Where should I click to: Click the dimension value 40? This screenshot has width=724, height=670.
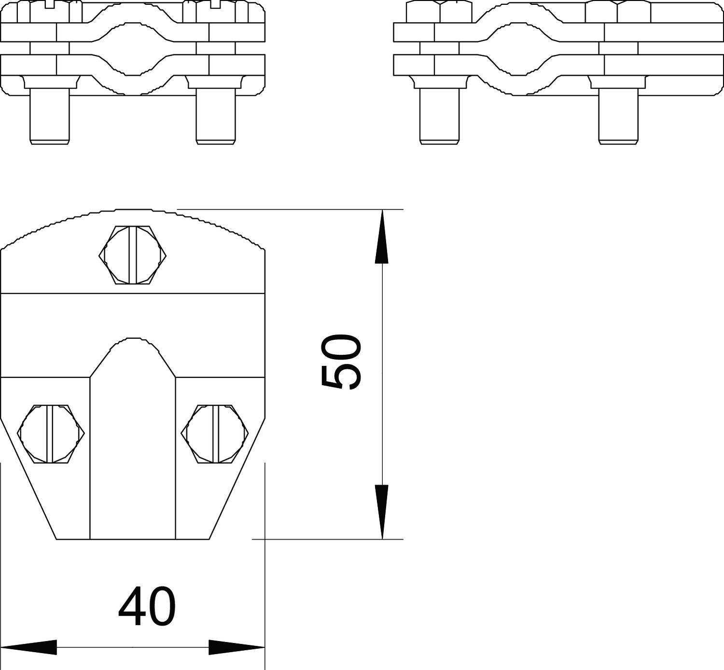pos(146,607)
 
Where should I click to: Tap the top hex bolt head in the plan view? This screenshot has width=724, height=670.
pos(133,254)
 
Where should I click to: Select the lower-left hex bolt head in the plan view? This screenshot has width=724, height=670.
pos(51,433)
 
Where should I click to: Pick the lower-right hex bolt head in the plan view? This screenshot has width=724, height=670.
pos(215,433)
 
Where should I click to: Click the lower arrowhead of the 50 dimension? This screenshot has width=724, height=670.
pos(382,512)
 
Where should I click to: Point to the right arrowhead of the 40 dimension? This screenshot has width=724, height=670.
pos(237,647)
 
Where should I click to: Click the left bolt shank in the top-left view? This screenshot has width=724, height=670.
pos(50,116)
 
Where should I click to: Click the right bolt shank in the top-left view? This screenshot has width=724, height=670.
pos(216,116)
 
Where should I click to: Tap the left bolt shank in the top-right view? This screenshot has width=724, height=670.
pos(439,116)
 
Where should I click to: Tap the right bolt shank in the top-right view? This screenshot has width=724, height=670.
pos(618,116)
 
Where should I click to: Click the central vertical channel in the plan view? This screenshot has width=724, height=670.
pos(133,459)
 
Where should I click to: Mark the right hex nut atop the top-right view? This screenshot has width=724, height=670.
pos(618,12)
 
